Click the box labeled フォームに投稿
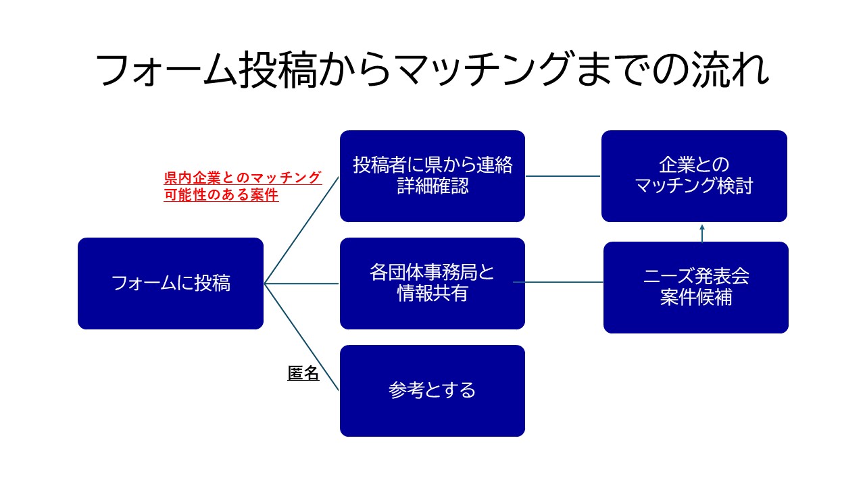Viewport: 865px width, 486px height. click(170, 283)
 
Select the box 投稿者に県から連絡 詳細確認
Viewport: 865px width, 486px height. click(432, 176)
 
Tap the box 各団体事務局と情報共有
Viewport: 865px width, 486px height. click(432, 283)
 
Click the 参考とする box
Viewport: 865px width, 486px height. click(432, 391)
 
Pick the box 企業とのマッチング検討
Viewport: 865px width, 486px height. click(694, 176)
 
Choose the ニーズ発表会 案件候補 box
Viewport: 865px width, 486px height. click(695, 288)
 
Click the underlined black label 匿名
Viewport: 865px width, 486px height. click(303, 373)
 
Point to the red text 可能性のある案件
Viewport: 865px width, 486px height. click(221, 196)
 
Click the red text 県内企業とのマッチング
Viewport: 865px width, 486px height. click(243, 178)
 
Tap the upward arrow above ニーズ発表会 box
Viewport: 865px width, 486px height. click(702, 232)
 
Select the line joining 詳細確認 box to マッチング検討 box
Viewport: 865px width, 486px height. click(563, 176)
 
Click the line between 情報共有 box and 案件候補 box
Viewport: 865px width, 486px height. click(558, 281)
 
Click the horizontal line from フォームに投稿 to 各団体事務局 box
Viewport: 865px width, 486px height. click(301, 283)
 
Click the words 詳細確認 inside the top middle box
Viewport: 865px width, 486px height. click(432, 186)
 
